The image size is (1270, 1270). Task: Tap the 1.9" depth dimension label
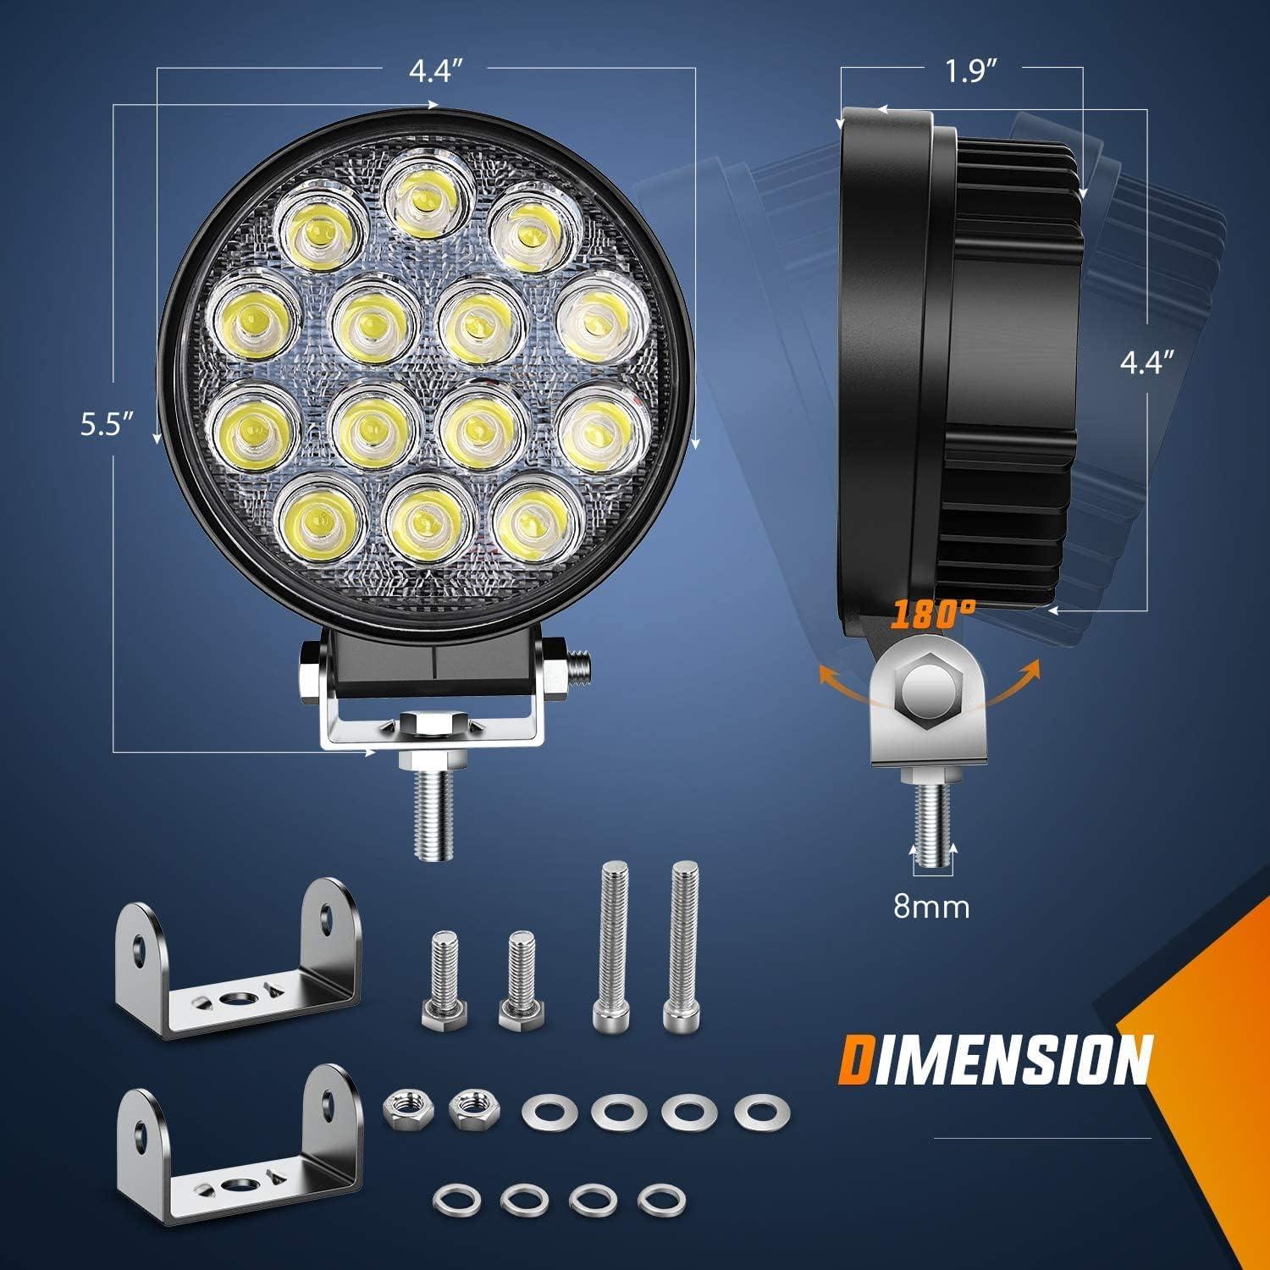coord(968,73)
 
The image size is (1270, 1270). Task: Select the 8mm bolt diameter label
coord(931,907)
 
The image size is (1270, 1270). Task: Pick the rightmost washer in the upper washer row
coord(755,1110)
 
